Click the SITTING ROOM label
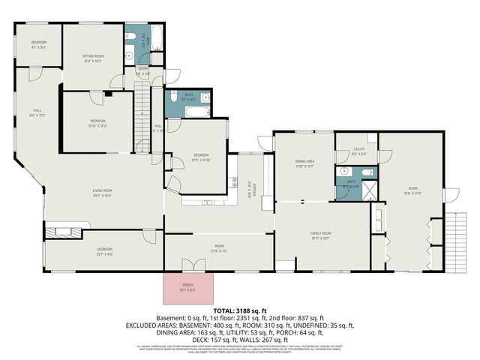(x=94, y=58)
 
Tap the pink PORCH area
(x=187, y=288)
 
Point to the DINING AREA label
(x=304, y=163)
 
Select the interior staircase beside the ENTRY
(x=142, y=112)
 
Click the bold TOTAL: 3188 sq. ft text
(x=239, y=309)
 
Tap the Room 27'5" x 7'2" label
(x=219, y=248)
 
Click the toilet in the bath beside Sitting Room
(x=130, y=55)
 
